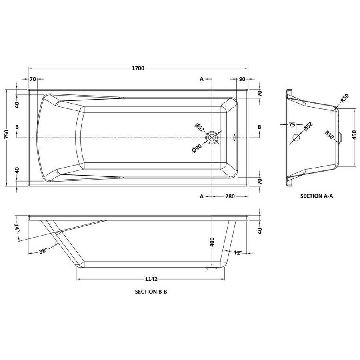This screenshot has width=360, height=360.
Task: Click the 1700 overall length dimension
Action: click(138, 68)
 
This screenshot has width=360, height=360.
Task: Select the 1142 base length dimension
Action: click(151, 279)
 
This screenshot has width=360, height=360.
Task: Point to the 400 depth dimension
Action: click(212, 242)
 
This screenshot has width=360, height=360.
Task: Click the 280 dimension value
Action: click(230, 196)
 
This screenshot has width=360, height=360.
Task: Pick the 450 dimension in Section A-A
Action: click(354, 135)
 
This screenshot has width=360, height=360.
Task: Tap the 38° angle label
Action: click(43, 251)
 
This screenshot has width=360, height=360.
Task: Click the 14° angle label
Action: click(16, 228)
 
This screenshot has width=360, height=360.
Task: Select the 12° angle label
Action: click(238, 252)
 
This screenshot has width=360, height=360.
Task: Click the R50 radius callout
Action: click(345, 98)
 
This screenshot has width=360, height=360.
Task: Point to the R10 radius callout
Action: click(329, 134)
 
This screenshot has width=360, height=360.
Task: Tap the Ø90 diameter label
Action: click(197, 148)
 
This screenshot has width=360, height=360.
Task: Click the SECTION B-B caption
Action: click(151, 292)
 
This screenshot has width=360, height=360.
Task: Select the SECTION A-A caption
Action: click(317, 196)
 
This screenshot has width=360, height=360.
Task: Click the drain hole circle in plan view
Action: click(212, 138)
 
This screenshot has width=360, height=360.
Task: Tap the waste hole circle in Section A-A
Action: click(296, 138)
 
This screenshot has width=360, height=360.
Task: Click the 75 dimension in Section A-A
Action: click(292, 125)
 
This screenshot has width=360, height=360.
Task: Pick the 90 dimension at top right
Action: click(242, 79)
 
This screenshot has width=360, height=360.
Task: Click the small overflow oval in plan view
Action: click(234, 138)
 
